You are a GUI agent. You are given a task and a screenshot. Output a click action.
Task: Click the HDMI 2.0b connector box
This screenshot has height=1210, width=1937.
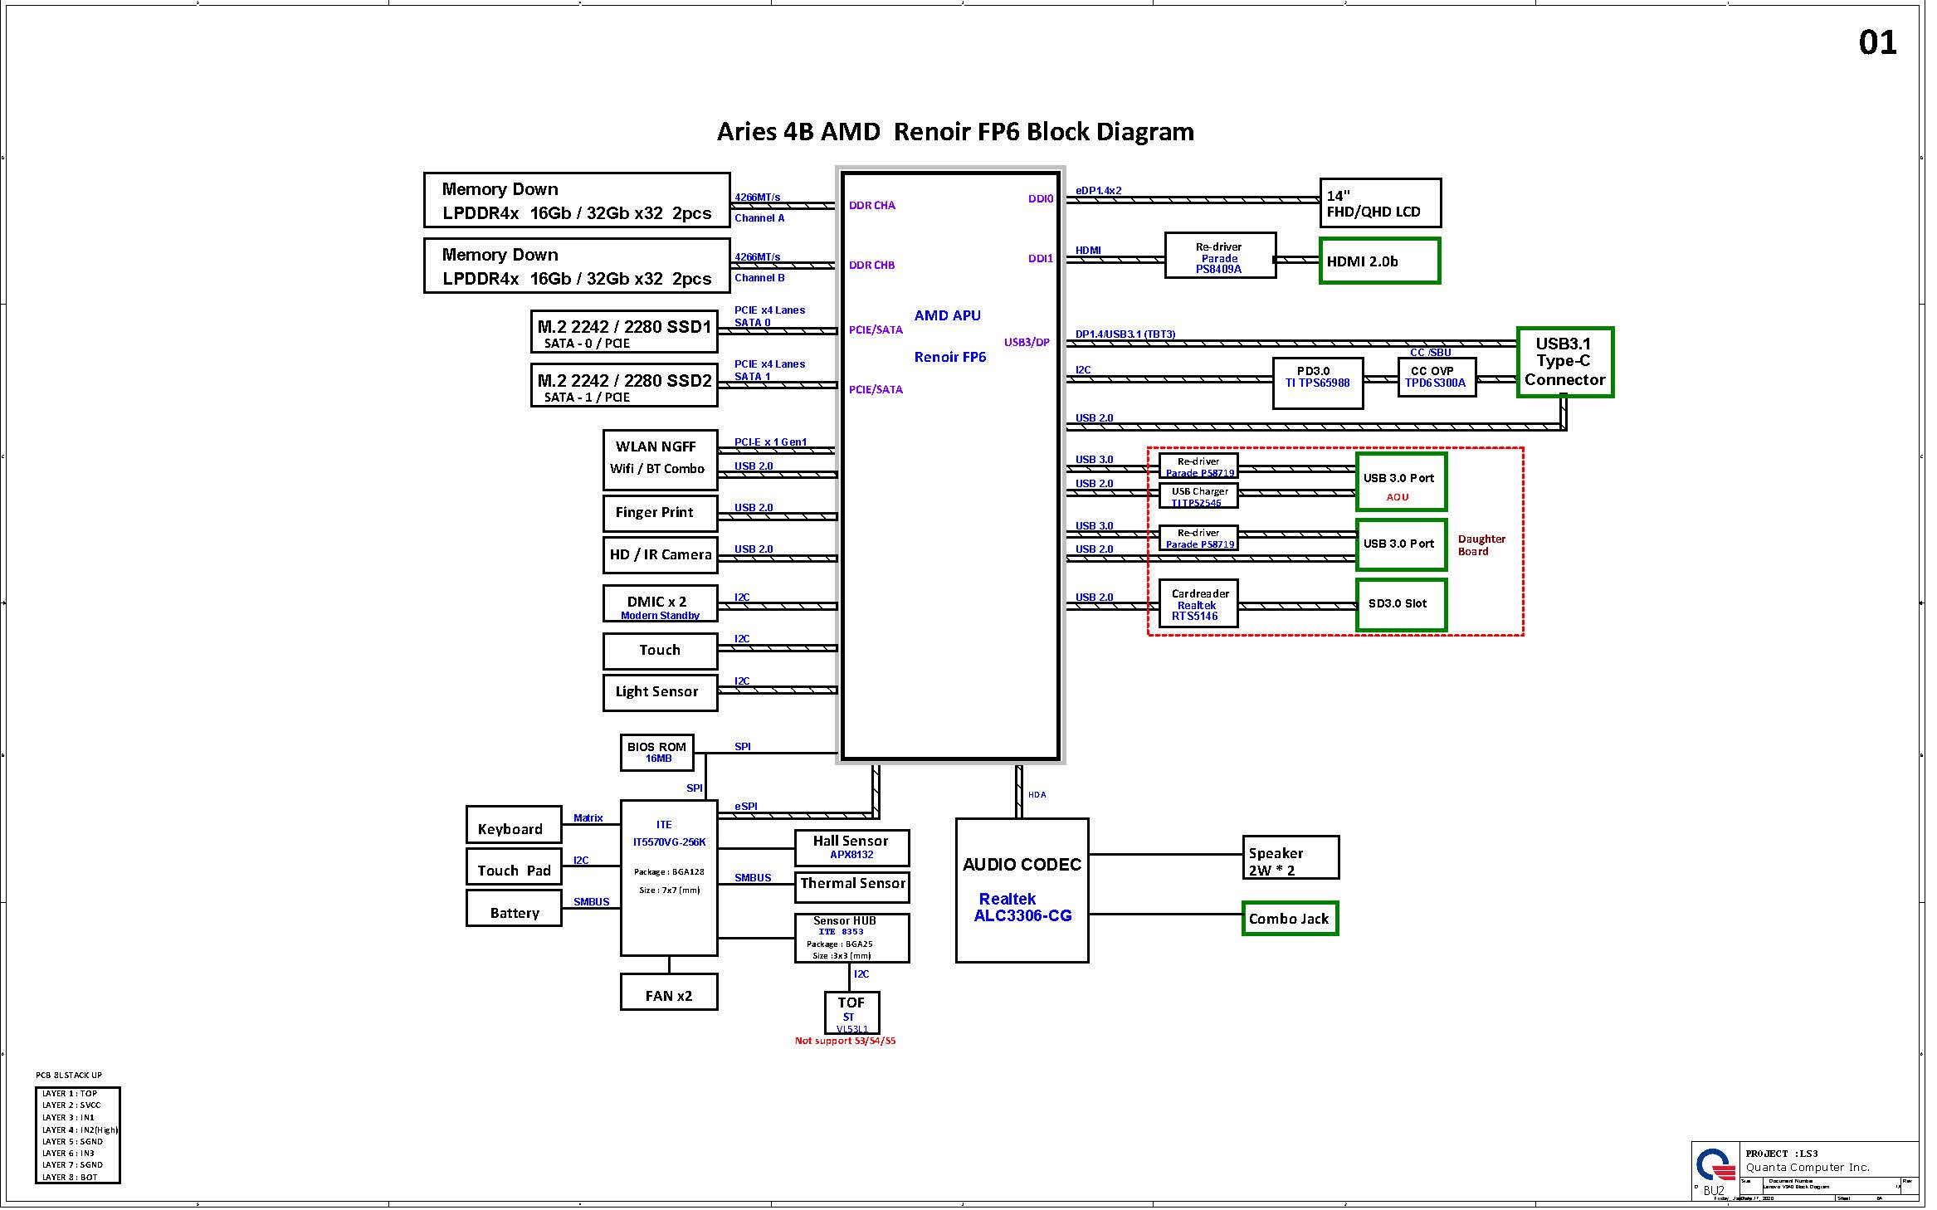pos(1378,261)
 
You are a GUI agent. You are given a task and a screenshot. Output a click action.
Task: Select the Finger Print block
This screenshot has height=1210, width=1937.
pos(660,513)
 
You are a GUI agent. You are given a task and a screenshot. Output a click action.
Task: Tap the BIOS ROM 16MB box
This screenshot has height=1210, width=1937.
pos(656,753)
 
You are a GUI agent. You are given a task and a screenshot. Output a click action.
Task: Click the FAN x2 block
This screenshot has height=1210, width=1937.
pos(668,992)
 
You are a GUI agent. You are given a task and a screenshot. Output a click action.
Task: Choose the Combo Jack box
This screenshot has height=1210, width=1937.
pos(1289,919)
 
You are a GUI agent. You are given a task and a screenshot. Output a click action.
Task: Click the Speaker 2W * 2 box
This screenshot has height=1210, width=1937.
pos(1290,857)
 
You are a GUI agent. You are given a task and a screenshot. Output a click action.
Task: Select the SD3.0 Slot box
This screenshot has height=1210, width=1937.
pos(1401,604)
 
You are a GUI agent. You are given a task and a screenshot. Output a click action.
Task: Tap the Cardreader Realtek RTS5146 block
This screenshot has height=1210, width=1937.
pos(1198,604)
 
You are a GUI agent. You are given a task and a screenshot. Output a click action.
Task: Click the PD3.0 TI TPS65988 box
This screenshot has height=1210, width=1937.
pos(1317,383)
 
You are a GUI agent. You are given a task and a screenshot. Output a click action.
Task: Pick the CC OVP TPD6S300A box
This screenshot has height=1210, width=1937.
pos(1436,378)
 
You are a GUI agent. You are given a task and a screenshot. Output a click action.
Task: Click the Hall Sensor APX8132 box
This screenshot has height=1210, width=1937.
pos(851,847)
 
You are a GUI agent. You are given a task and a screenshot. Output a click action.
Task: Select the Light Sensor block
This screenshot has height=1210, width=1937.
pos(660,692)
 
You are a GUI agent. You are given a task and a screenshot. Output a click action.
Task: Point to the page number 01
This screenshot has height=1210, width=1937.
pos(1877,42)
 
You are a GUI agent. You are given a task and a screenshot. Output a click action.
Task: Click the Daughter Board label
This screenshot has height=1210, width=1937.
pos(1481,545)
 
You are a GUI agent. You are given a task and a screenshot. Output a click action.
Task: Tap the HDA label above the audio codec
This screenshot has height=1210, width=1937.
pos(1037,795)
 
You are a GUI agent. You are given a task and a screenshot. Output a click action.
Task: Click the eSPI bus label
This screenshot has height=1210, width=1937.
pos(745,807)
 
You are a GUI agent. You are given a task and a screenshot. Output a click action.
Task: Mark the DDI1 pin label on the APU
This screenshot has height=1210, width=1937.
pos(1040,259)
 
